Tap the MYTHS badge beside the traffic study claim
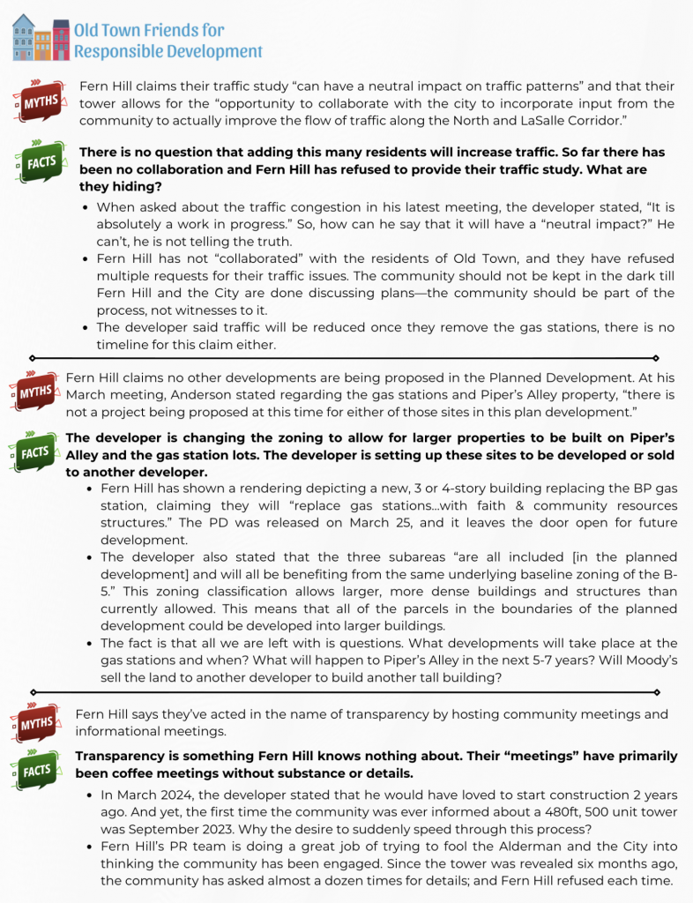click(39, 103)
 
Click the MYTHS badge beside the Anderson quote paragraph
click(35, 391)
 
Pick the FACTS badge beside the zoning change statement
click(35, 451)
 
